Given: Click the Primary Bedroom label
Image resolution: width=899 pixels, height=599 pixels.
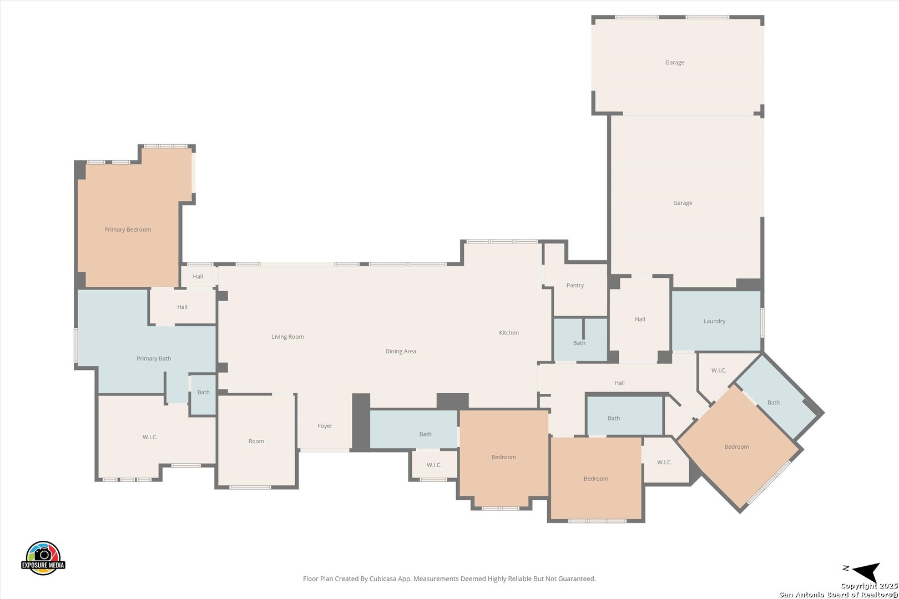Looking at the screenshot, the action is click(x=128, y=230).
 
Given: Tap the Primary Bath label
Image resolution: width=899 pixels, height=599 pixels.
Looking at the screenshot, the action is click(x=154, y=358).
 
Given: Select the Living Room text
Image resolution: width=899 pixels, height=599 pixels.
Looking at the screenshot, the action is click(x=288, y=337).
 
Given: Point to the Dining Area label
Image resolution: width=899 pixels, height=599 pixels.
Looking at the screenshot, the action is click(x=401, y=351).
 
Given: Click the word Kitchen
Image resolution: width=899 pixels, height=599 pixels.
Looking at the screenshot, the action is click(x=509, y=333).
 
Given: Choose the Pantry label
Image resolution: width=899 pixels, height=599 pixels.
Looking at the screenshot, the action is click(x=575, y=285).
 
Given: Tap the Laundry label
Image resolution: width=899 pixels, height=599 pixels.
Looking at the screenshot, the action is click(x=714, y=321).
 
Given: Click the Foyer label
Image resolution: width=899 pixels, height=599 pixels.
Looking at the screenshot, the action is click(x=325, y=426).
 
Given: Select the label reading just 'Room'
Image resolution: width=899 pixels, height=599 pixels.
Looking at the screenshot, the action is click(x=256, y=441).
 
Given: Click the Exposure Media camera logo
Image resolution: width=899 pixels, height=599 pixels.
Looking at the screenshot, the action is click(x=43, y=557).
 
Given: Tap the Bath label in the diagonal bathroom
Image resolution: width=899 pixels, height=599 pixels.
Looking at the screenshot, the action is click(x=774, y=403).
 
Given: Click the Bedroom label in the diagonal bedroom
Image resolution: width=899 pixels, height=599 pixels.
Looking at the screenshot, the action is click(x=736, y=446).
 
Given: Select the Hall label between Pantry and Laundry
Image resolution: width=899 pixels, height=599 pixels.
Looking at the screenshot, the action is click(x=640, y=319).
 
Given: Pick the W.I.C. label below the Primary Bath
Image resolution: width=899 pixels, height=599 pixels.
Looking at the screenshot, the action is click(x=150, y=437).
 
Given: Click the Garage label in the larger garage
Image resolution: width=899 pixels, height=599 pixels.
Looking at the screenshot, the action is click(x=683, y=202).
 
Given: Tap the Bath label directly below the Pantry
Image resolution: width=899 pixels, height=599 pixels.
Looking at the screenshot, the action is click(x=579, y=343).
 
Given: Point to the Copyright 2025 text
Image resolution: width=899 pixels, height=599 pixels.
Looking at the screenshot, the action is click(x=869, y=586).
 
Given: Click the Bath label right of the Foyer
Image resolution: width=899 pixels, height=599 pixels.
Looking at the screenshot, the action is click(x=426, y=434).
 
